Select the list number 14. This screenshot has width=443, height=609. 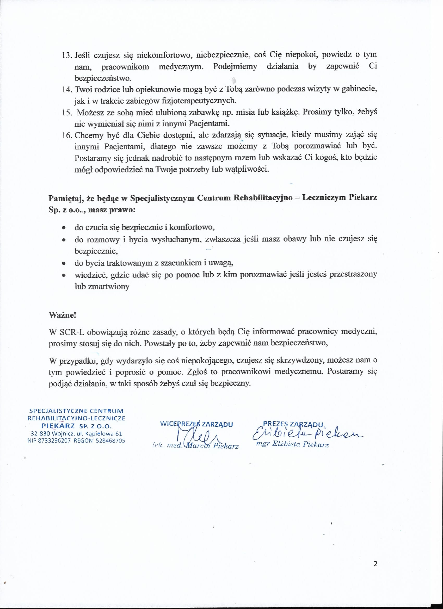(66, 89)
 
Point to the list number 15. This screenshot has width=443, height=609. (66, 113)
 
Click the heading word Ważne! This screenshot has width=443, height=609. (62, 315)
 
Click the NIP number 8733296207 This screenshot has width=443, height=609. (54, 441)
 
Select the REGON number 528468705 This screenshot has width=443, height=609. (110, 441)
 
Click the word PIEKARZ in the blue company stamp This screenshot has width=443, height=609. (58, 426)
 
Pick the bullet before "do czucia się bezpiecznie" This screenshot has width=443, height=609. (64, 228)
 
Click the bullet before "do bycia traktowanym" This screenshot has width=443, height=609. (64, 263)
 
